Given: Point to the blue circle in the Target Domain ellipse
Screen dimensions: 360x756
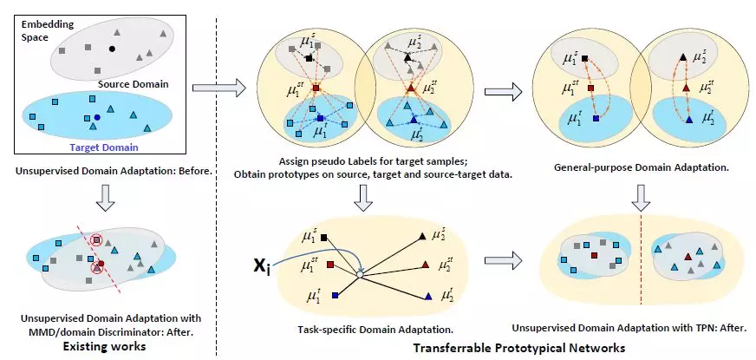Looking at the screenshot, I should click(x=97, y=117).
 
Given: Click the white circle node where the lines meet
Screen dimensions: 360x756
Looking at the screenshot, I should click(x=359, y=275).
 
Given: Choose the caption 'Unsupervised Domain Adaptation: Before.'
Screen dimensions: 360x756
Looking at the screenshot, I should click(x=114, y=171).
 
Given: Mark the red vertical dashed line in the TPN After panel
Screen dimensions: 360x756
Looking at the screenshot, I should click(x=639, y=257).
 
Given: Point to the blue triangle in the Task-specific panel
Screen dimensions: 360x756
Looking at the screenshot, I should click(x=428, y=298).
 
